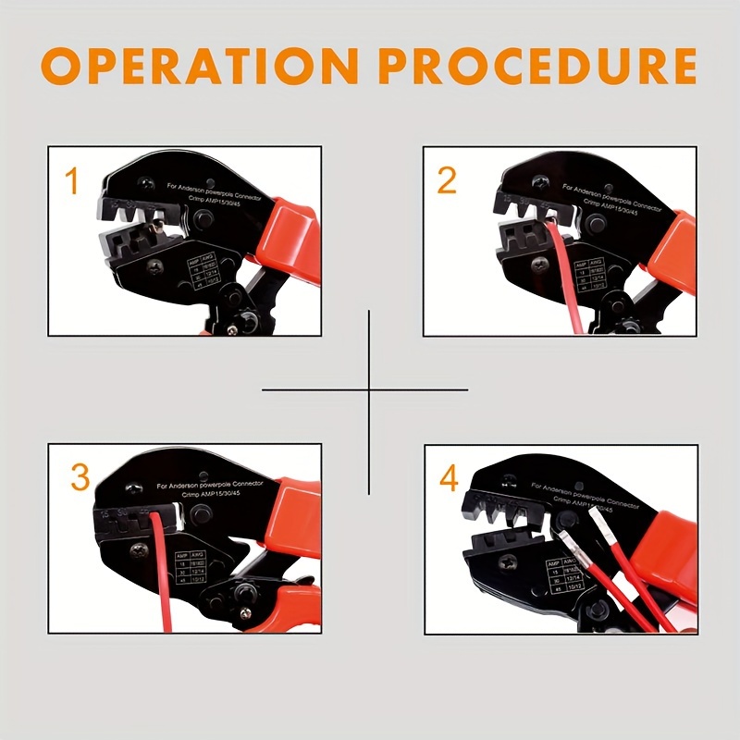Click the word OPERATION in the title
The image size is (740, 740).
tap(199, 67)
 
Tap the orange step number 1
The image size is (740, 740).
tap(72, 182)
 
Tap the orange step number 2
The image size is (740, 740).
tap(447, 180)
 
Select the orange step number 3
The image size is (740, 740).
tap(80, 477)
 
